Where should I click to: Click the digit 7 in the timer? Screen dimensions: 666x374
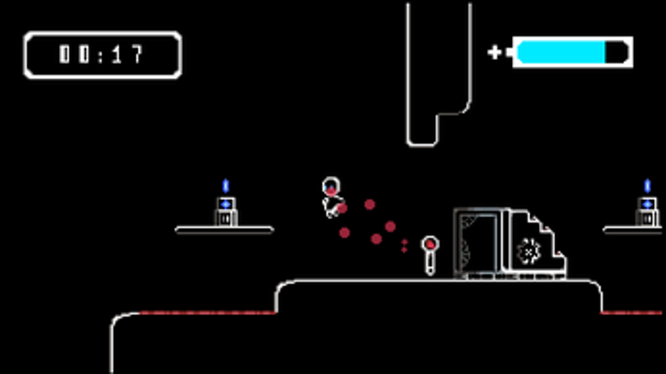[x=138, y=54]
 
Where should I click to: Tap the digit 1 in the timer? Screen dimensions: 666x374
[x=118, y=54]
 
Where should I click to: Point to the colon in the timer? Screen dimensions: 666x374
[x=101, y=55]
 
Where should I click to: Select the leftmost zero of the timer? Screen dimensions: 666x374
[x=64, y=54]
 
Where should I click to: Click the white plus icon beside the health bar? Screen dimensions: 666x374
[x=494, y=52]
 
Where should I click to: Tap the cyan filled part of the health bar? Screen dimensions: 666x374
[x=561, y=52]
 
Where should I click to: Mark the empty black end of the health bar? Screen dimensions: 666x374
[x=616, y=52]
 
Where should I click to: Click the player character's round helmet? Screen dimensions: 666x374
[x=331, y=186]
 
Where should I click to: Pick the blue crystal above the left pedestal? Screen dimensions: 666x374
[x=225, y=186]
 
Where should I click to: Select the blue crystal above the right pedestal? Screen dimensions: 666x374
[x=648, y=186]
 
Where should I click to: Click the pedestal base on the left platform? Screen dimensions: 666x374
[x=226, y=212]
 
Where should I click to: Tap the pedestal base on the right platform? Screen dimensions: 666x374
[x=648, y=212]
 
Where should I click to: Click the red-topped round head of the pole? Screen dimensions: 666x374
[x=430, y=244]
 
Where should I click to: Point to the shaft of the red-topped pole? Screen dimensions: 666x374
[x=430, y=264]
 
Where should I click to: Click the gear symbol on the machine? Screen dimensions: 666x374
[x=528, y=251]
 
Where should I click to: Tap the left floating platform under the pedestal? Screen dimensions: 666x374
[x=225, y=230]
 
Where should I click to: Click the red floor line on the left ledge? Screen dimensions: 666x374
[x=208, y=313]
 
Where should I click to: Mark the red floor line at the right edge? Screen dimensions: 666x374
[x=631, y=313]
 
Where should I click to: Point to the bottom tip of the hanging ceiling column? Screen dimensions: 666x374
[x=422, y=145]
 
